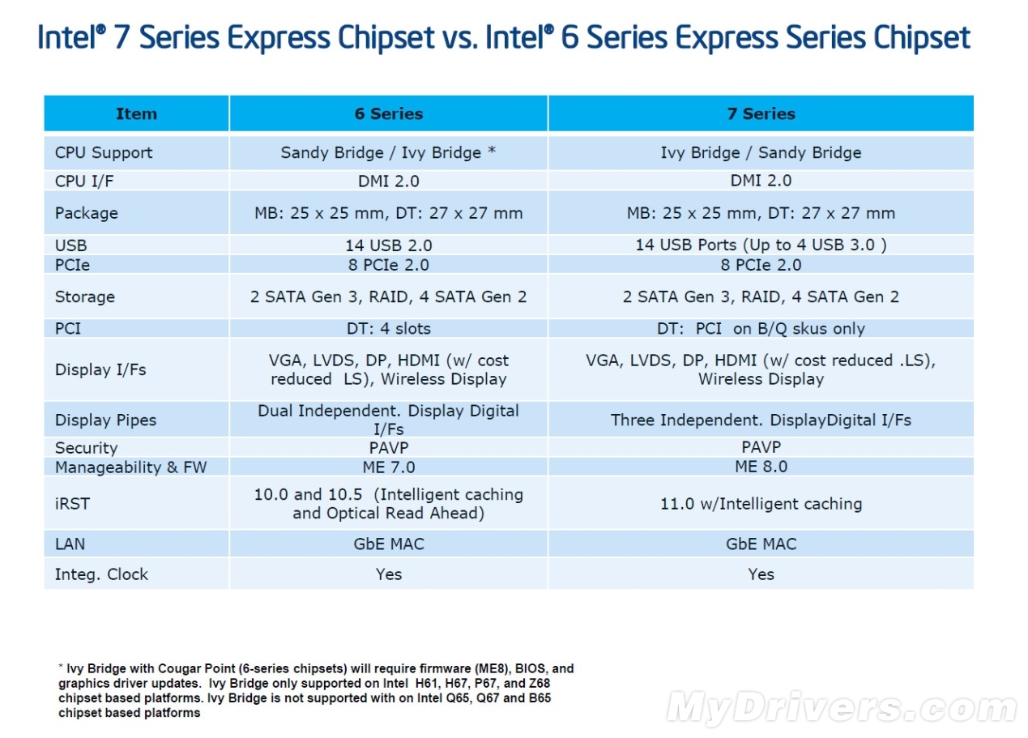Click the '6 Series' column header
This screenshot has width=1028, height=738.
[x=389, y=113]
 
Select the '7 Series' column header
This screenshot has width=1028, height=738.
[x=761, y=113]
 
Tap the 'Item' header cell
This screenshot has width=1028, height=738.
[x=136, y=113]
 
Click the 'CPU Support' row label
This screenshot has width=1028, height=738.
[x=104, y=152]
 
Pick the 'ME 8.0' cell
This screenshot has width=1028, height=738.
[x=761, y=467]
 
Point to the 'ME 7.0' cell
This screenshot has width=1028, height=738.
[x=389, y=467]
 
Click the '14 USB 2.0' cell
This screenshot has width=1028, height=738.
[x=389, y=245]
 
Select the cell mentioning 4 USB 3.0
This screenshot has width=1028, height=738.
[x=761, y=245]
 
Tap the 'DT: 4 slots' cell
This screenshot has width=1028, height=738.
[x=389, y=328]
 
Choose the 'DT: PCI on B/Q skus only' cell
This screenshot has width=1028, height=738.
[x=761, y=328]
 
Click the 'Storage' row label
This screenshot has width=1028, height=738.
[x=85, y=296]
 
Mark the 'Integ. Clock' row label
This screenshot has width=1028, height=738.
[x=101, y=574]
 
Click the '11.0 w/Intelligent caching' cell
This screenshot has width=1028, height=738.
[x=761, y=504]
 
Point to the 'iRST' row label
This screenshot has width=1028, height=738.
[x=72, y=504]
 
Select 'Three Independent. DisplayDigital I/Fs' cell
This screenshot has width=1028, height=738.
[x=761, y=420]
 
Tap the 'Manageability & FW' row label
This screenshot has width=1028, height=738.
[x=130, y=467]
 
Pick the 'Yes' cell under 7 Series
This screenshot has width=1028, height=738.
[x=761, y=574]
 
